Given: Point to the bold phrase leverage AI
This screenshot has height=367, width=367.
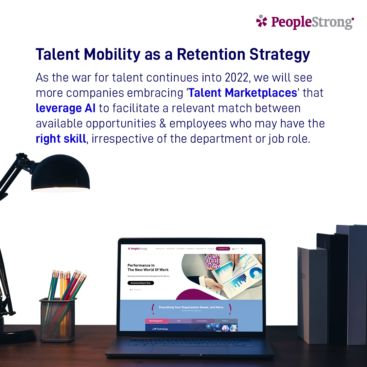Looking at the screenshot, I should (66, 108).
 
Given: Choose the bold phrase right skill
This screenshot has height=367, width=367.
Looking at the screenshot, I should (61, 139).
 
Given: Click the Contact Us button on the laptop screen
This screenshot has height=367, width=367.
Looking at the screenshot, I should (223, 249).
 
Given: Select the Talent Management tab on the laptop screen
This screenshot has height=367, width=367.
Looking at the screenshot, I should (156, 321).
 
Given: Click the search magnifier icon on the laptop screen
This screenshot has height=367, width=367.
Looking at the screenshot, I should (242, 249).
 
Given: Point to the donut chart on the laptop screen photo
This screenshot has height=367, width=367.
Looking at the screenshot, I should (256, 273).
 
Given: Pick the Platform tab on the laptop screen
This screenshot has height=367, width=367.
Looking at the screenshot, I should (225, 321).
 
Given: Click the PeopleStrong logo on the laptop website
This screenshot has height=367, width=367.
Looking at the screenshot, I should (137, 249).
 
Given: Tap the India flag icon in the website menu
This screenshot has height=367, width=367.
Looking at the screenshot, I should (233, 249).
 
